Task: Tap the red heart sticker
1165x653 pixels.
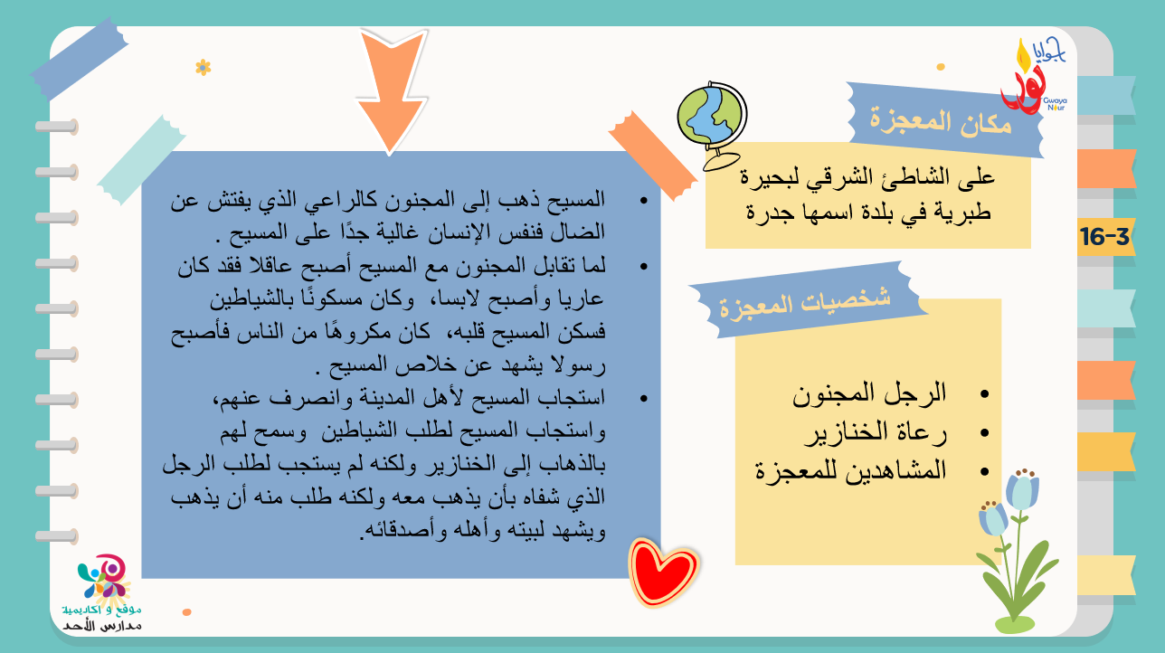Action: pos(663,573)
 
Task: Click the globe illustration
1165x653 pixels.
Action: pos(713,125)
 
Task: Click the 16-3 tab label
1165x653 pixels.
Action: pos(1104,237)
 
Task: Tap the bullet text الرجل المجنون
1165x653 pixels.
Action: pos(869,393)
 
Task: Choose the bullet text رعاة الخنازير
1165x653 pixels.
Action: pos(876,432)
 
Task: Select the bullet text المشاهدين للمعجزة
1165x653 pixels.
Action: pos(851,471)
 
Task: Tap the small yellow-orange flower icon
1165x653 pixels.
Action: pos(204,68)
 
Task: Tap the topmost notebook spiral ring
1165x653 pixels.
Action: pos(57,127)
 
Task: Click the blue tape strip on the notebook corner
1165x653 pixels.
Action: pos(79,58)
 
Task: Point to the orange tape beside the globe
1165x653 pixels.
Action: pos(653,155)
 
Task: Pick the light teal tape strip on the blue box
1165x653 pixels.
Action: pos(141,159)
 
